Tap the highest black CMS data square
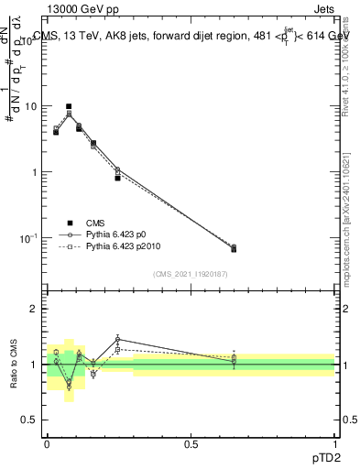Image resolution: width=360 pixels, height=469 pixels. (69, 106)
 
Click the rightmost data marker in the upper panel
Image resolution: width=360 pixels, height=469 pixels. (234, 248)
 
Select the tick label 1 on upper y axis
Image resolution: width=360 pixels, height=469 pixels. (34, 172)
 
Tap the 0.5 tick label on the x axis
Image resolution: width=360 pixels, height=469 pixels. (191, 443)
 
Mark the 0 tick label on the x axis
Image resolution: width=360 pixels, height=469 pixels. (47, 443)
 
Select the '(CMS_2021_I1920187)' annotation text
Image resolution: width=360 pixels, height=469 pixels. (191, 273)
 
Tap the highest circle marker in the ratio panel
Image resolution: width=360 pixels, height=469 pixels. (117, 339)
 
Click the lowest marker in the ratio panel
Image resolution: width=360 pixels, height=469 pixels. (69, 387)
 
